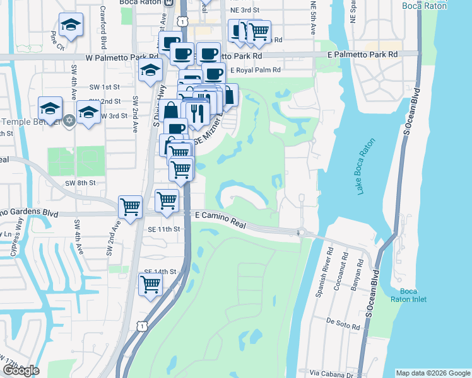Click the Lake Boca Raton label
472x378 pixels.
point(363,168)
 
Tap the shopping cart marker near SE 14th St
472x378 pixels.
point(151,283)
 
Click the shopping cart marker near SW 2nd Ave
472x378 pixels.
point(130,205)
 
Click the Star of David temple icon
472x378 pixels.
point(69,120)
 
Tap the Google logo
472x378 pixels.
point(21,370)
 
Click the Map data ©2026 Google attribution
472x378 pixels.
point(432,373)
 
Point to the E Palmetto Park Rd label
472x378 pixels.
point(362,55)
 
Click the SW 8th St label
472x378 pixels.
point(80,183)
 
